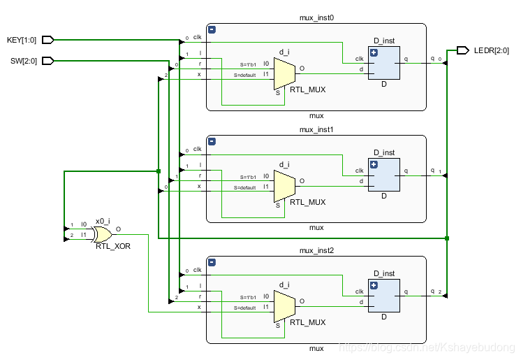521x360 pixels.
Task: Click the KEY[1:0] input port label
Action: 22,40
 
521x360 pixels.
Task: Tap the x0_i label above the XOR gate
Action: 103,219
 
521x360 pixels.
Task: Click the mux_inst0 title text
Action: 316,17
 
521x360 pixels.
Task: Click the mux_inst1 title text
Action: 316,129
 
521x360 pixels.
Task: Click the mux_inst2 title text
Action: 316,250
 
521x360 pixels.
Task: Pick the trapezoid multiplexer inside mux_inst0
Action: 284,73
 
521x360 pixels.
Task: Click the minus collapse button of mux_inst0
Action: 212,29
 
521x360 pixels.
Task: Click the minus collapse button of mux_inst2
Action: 212,262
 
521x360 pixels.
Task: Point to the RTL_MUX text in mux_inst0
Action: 307,90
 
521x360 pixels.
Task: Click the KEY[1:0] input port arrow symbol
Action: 48,40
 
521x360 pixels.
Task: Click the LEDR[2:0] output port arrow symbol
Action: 462,50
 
